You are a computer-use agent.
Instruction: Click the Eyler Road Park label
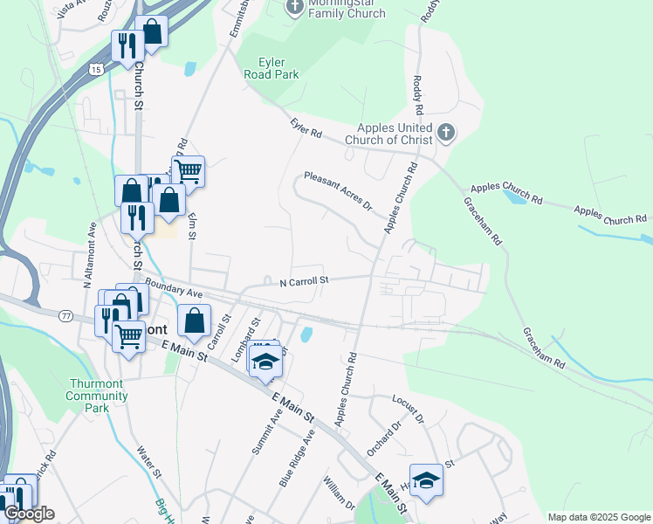[x=278, y=68]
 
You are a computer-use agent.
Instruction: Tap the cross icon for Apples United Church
[x=445, y=133]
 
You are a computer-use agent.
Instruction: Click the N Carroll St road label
[x=303, y=281]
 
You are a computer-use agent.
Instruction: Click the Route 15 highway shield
[x=94, y=68]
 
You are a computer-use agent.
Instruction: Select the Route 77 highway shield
[x=65, y=315]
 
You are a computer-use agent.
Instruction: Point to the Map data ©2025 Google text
[x=598, y=517]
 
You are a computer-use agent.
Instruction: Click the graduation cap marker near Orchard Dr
[x=426, y=480]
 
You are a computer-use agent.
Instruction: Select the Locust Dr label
[x=409, y=408]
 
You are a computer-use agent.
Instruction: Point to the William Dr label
[x=338, y=492]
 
